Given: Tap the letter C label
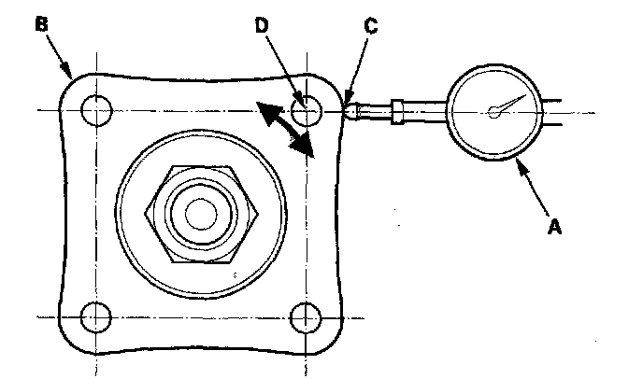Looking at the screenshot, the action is tap(371, 27).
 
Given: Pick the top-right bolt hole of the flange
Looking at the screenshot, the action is tap(305, 111).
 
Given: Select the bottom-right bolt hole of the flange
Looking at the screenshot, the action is tap(305, 317).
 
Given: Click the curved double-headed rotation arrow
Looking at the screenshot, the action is tap(286, 131).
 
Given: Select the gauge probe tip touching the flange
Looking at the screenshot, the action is tap(349, 110).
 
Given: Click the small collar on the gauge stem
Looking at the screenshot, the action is tap(398, 111).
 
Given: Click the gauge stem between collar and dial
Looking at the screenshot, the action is tap(425, 111).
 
